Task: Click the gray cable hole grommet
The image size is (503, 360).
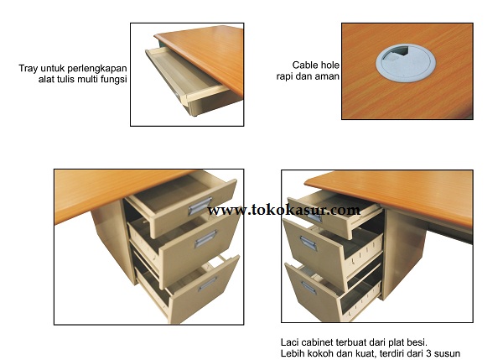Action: click(x=406, y=63)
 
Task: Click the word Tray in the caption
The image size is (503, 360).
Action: click(x=29, y=69)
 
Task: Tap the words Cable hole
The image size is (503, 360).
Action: click(x=316, y=65)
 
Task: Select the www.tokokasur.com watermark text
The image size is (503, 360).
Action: click(x=283, y=210)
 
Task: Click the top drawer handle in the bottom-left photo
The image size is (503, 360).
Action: click(x=200, y=206)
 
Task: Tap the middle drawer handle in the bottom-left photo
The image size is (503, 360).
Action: click(x=205, y=238)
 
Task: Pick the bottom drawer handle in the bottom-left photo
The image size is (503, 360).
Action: click(x=207, y=284)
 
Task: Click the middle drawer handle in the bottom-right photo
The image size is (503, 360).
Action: click(x=309, y=243)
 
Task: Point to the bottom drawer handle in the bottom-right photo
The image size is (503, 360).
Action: click(x=309, y=288)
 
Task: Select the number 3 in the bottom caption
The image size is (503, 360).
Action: click(x=429, y=353)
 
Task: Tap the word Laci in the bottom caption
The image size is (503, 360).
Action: click(x=289, y=342)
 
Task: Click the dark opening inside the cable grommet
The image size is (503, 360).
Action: click(x=399, y=52)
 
